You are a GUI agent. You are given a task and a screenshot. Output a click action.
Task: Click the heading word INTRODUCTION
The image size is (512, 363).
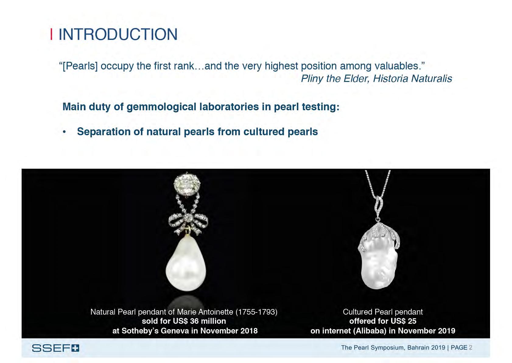(x=118, y=34)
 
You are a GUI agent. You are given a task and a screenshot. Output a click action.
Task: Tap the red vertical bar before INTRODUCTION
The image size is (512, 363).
(x=51, y=34)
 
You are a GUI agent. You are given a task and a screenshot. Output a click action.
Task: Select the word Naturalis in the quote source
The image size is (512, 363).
(x=431, y=79)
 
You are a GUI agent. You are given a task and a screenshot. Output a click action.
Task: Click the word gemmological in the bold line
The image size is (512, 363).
(x=161, y=107)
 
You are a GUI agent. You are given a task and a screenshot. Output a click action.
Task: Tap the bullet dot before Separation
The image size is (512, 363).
(x=64, y=132)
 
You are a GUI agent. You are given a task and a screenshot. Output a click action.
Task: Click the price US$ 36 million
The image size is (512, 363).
(x=199, y=321)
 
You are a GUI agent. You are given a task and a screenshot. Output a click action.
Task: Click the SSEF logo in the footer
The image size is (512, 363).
(x=55, y=348)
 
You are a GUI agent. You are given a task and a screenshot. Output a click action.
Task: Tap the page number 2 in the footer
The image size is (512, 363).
(x=471, y=347)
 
